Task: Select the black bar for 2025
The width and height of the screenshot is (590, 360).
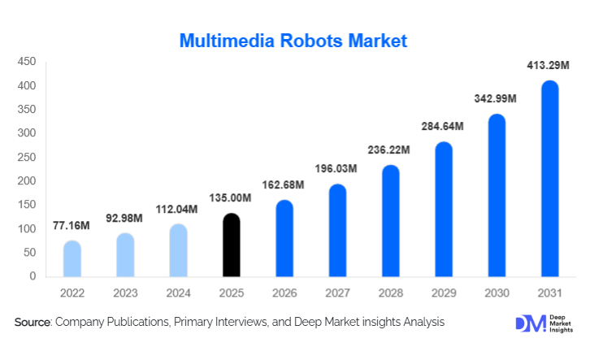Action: tap(232, 245)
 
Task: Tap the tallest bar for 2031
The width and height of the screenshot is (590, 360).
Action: tap(550, 179)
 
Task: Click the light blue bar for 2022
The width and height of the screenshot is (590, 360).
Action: tap(72, 258)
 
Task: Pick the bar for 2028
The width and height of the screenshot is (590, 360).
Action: tap(391, 221)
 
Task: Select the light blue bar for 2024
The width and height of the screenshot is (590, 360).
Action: tap(179, 250)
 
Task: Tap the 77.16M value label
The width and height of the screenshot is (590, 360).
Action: tap(72, 224)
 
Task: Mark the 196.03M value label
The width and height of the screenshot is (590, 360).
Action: tap(337, 168)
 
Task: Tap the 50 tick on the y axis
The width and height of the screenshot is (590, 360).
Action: tap(29, 253)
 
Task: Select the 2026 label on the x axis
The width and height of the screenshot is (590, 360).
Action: tap(284, 292)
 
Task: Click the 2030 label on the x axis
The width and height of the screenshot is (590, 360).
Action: tap(497, 292)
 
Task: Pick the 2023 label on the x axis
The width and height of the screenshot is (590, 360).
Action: tap(125, 292)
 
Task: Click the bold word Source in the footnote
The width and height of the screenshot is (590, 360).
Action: tap(33, 323)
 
